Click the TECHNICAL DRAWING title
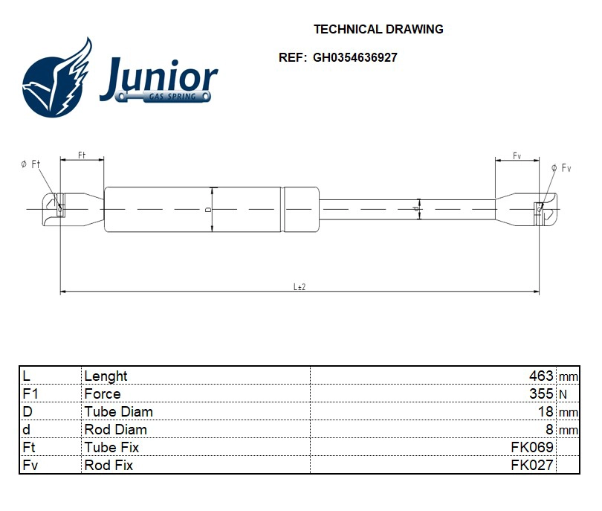(x=378, y=30)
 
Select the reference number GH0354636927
(x=355, y=57)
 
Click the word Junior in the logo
(x=158, y=78)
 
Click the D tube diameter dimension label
(x=209, y=210)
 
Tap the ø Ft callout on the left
(x=30, y=164)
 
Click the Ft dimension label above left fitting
(x=82, y=155)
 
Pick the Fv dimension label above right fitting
(x=517, y=155)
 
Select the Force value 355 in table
(x=541, y=394)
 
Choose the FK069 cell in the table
(x=531, y=448)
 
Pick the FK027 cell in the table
(x=531, y=466)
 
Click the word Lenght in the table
(x=106, y=376)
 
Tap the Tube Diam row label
(x=118, y=412)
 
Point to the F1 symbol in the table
(x=30, y=394)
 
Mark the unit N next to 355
(x=563, y=395)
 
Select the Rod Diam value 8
(x=549, y=430)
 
